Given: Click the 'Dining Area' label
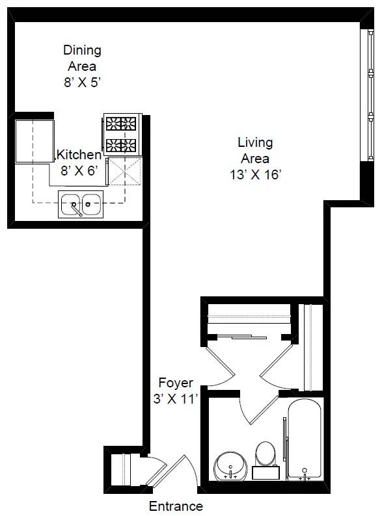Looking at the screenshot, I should [x=82, y=58].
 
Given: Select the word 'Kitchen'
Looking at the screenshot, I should [x=79, y=155].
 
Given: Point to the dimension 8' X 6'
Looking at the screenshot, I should [x=78, y=172].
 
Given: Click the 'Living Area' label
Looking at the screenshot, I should [x=255, y=150].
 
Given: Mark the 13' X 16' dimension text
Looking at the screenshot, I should [x=255, y=175].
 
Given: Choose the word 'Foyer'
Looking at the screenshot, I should [x=175, y=383].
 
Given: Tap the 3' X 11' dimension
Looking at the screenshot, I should [x=175, y=399].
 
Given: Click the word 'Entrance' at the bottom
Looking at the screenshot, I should [x=176, y=506].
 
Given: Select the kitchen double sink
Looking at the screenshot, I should [x=81, y=204].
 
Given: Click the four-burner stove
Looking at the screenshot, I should [x=122, y=134].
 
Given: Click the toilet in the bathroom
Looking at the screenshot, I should [x=265, y=455].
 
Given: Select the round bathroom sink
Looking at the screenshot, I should [x=230, y=465].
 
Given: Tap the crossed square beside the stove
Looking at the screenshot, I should [x=124, y=172].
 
